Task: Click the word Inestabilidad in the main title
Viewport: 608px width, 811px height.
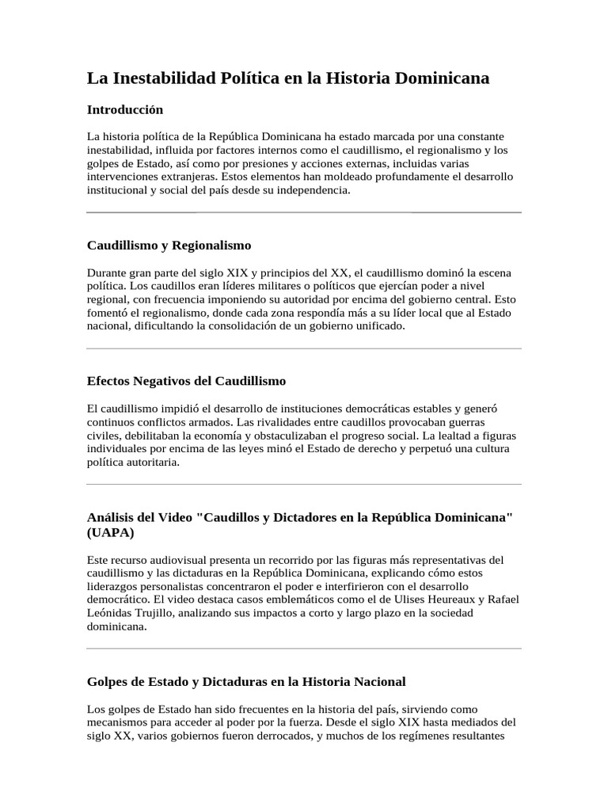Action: point(169,78)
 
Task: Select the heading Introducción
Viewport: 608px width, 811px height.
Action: point(124,109)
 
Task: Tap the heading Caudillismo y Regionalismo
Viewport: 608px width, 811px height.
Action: point(169,246)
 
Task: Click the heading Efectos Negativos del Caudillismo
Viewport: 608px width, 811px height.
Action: point(186,381)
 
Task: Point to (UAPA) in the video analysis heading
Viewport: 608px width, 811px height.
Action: point(110,532)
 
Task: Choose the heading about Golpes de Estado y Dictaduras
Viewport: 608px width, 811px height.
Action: point(245,681)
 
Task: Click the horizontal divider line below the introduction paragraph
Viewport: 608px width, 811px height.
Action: point(304,212)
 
